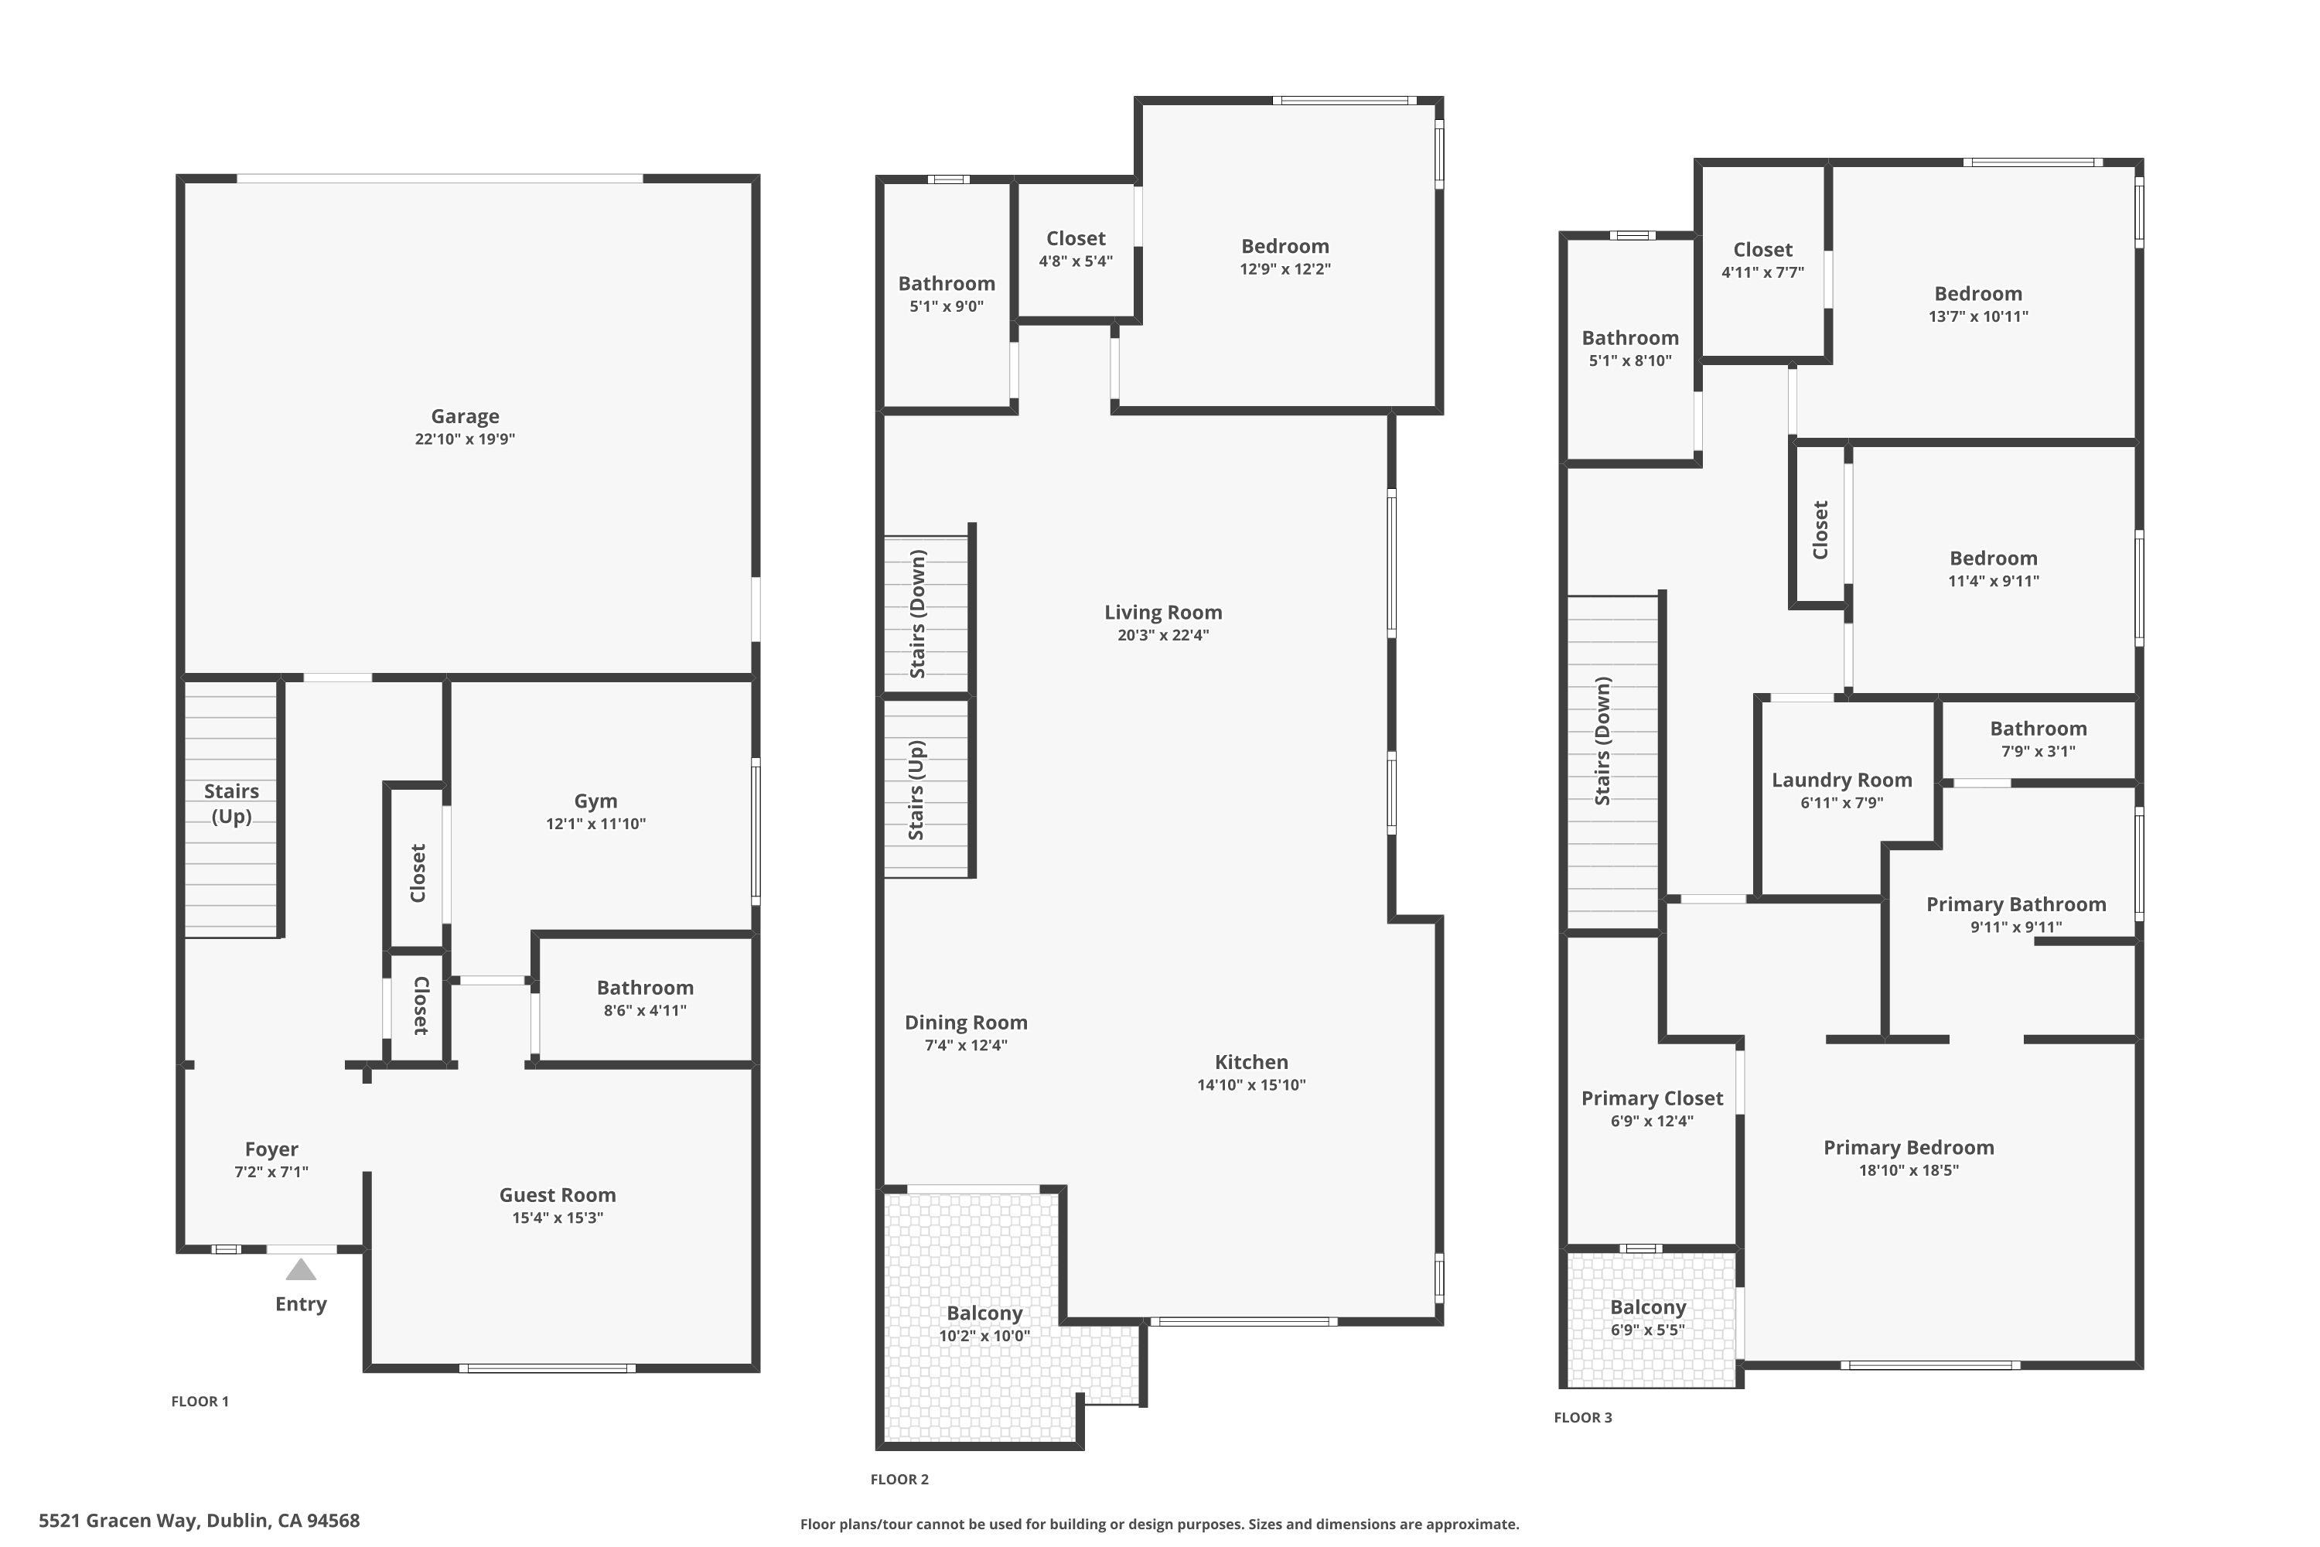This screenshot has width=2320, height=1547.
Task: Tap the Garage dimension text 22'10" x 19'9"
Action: click(x=465, y=439)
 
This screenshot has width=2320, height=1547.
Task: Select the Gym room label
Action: click(x=595, y=801)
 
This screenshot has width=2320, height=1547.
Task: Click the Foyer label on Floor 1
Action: click(x=271, y=1149)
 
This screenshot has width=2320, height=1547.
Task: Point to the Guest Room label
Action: click(x=558, y=1195)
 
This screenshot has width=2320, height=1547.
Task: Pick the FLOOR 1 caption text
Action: click(x=200, y=1401)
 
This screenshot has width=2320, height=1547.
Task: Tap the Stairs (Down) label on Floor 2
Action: click(x=917, y=613)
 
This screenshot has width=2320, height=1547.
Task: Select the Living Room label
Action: click(x=1163, y=613)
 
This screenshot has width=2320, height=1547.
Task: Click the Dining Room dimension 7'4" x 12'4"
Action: click(x=966, y=1046)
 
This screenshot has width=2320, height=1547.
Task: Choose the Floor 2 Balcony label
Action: click(x=984, y=1313)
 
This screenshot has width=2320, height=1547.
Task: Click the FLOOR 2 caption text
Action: click(x=899, y=1479)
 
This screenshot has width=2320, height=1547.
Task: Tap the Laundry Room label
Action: click(x=1841, y=780)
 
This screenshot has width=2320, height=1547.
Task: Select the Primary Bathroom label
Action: click(x=2015, y=905)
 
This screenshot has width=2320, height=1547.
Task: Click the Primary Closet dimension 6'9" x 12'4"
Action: click(x=1651, y=1121)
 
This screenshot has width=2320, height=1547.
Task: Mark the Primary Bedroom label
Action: click(x=1908, y=1147)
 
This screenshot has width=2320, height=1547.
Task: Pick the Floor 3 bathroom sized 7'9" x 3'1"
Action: click(x=2038, y=729)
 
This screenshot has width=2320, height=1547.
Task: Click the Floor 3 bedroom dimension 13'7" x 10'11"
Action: click(x=1977, y=316)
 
